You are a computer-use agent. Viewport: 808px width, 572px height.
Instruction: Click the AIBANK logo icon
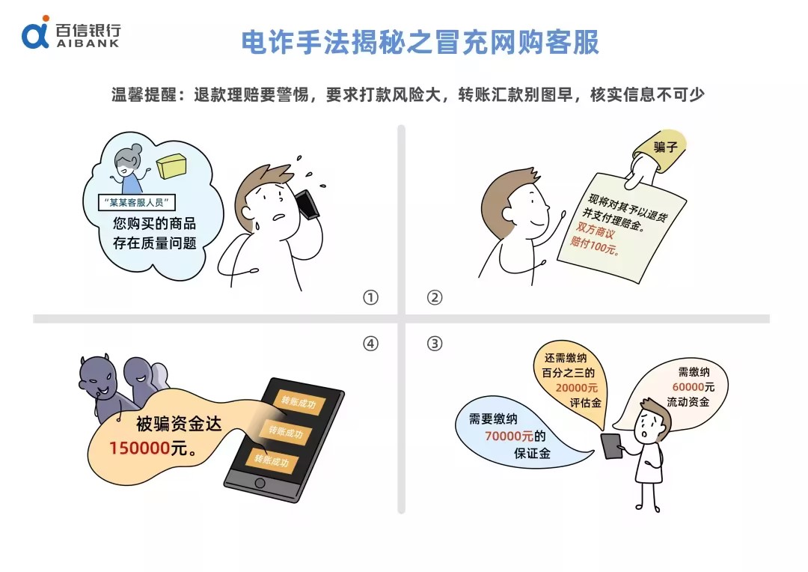pos(36,32)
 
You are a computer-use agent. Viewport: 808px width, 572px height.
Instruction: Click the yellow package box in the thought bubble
pos(171,165)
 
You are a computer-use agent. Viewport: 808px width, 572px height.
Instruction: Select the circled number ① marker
pos(370,298)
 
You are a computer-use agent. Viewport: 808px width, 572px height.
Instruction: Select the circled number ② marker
pos(435,298)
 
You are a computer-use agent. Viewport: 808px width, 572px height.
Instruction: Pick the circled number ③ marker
pos(435,344)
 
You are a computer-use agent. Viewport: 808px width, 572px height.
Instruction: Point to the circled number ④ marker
pos(370,344)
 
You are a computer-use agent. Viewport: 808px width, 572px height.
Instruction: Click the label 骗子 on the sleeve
pos(665,147)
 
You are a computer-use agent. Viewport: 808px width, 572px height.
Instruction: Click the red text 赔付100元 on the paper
pos(594,246)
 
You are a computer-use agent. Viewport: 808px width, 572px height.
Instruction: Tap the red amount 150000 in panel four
pos(139,448)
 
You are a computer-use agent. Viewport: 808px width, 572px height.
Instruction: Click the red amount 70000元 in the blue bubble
pos(509,436)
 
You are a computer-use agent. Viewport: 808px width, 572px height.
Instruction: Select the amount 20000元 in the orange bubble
pos(576,387)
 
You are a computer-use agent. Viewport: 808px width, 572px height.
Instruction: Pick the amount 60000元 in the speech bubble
pos(693,387)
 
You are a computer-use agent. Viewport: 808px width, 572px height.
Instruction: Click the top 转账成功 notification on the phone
pos(299,401)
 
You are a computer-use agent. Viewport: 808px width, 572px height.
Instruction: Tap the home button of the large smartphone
pos(260,484)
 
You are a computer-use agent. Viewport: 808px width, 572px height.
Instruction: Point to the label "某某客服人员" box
pos(137,202)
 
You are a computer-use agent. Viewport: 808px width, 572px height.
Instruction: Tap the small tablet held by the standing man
pos(612,445)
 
